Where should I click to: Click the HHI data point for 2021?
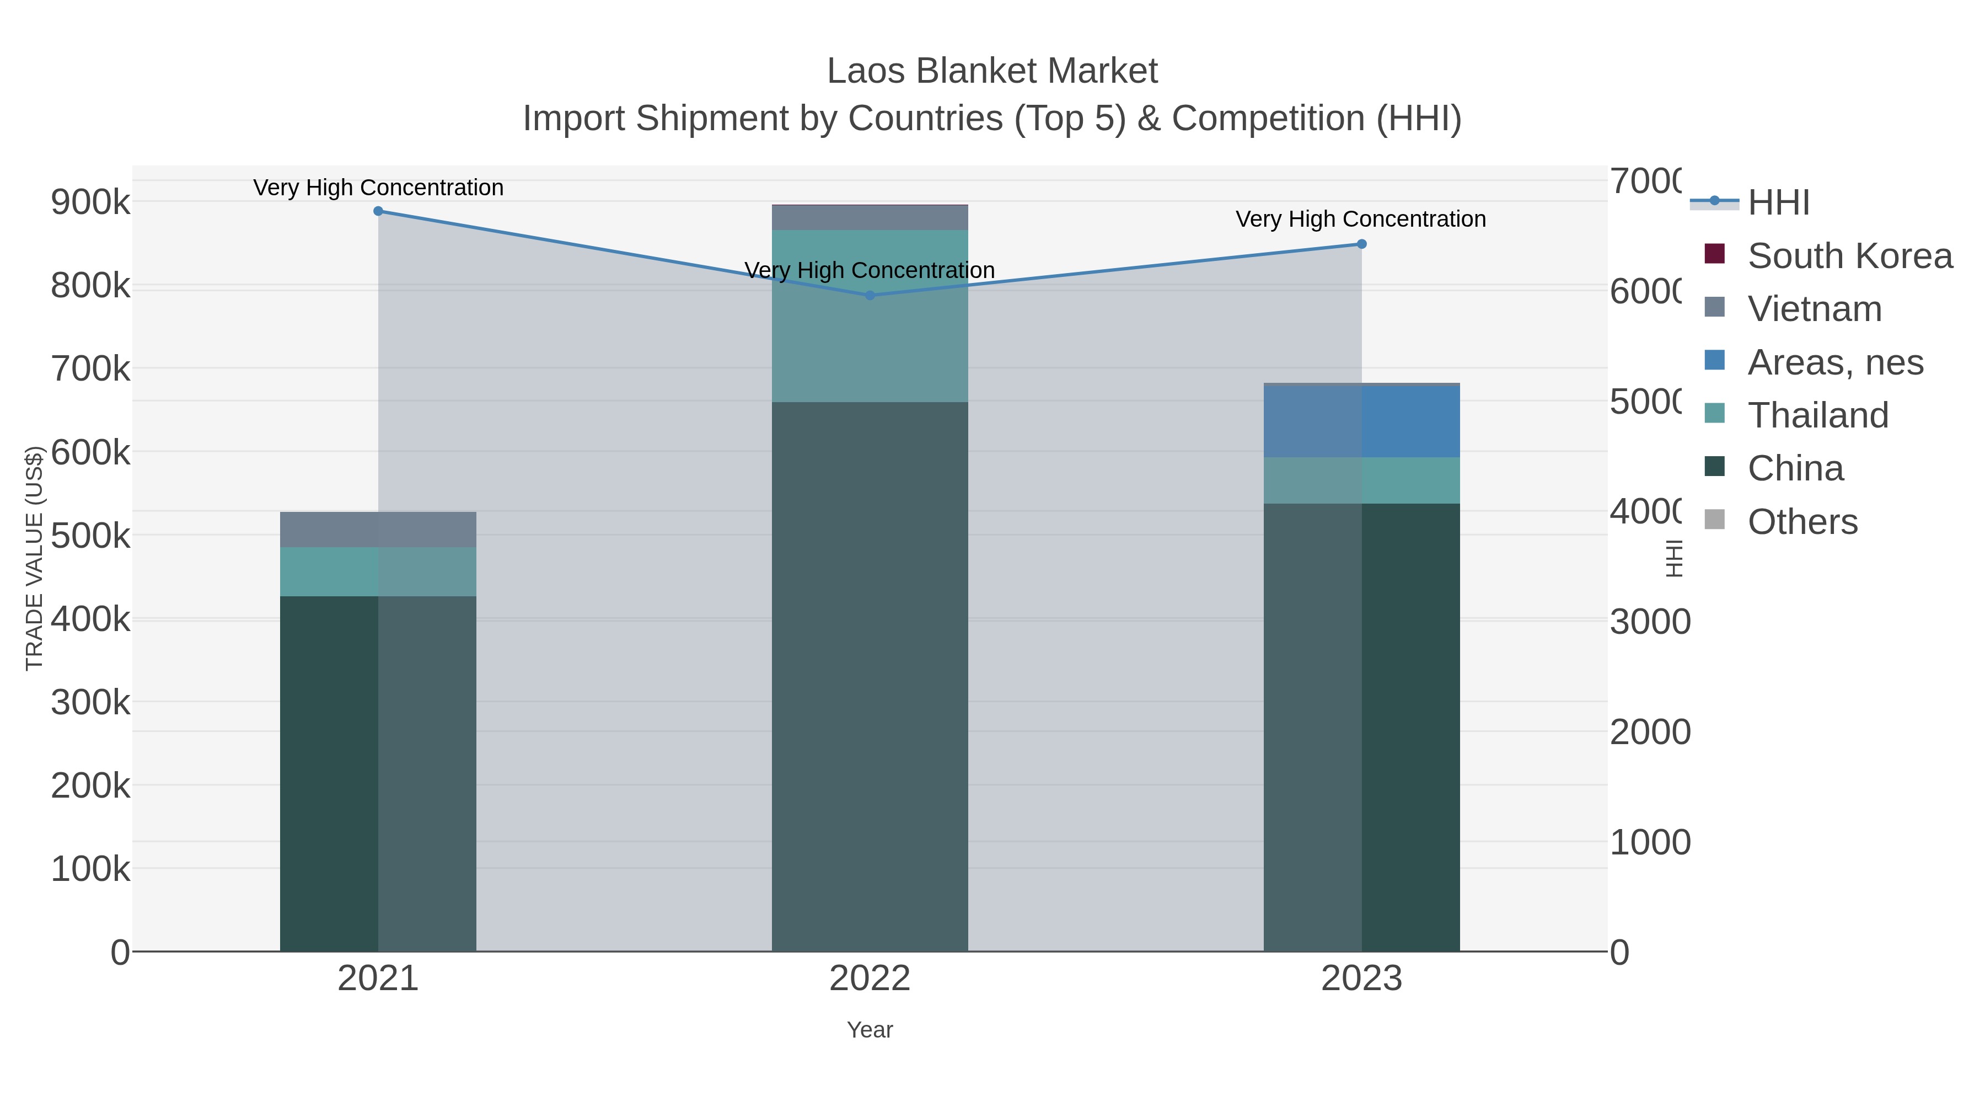pos(378,211)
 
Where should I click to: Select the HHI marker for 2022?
pos(870,295)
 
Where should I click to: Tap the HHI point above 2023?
pos(1361,244)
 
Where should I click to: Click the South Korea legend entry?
pos(1849,256)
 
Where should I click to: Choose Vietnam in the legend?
pos(1815,309)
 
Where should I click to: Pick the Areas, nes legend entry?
pos(1836,362)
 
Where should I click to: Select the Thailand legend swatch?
pos(1714,414)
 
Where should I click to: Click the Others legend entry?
pos(1802,522)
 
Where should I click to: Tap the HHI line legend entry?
pos(1778,203)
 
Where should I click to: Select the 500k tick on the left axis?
pos(91,536)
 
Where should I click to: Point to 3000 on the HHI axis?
pos(1650,622)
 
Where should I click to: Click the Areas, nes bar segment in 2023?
pos(1361,421)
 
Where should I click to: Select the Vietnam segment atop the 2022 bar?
pos(870,217)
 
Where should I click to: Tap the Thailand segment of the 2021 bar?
pos(378,571)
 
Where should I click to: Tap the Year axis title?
pos(870,1030)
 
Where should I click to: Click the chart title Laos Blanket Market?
pos(992,71)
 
